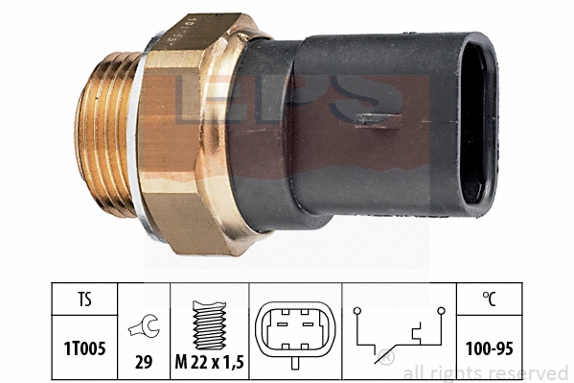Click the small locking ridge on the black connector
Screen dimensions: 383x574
click(x=374, y=121)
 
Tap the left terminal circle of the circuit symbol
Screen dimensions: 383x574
click(x=356, y=310)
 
